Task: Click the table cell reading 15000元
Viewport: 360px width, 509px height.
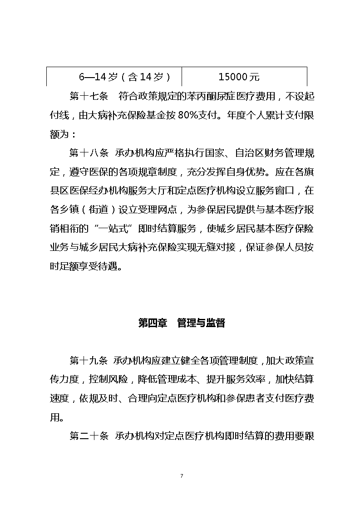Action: click(x=239, y=77)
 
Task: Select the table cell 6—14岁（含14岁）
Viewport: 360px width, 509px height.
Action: click(x=125, y=77)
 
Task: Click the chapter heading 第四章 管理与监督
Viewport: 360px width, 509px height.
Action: click(x=181, y=323)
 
